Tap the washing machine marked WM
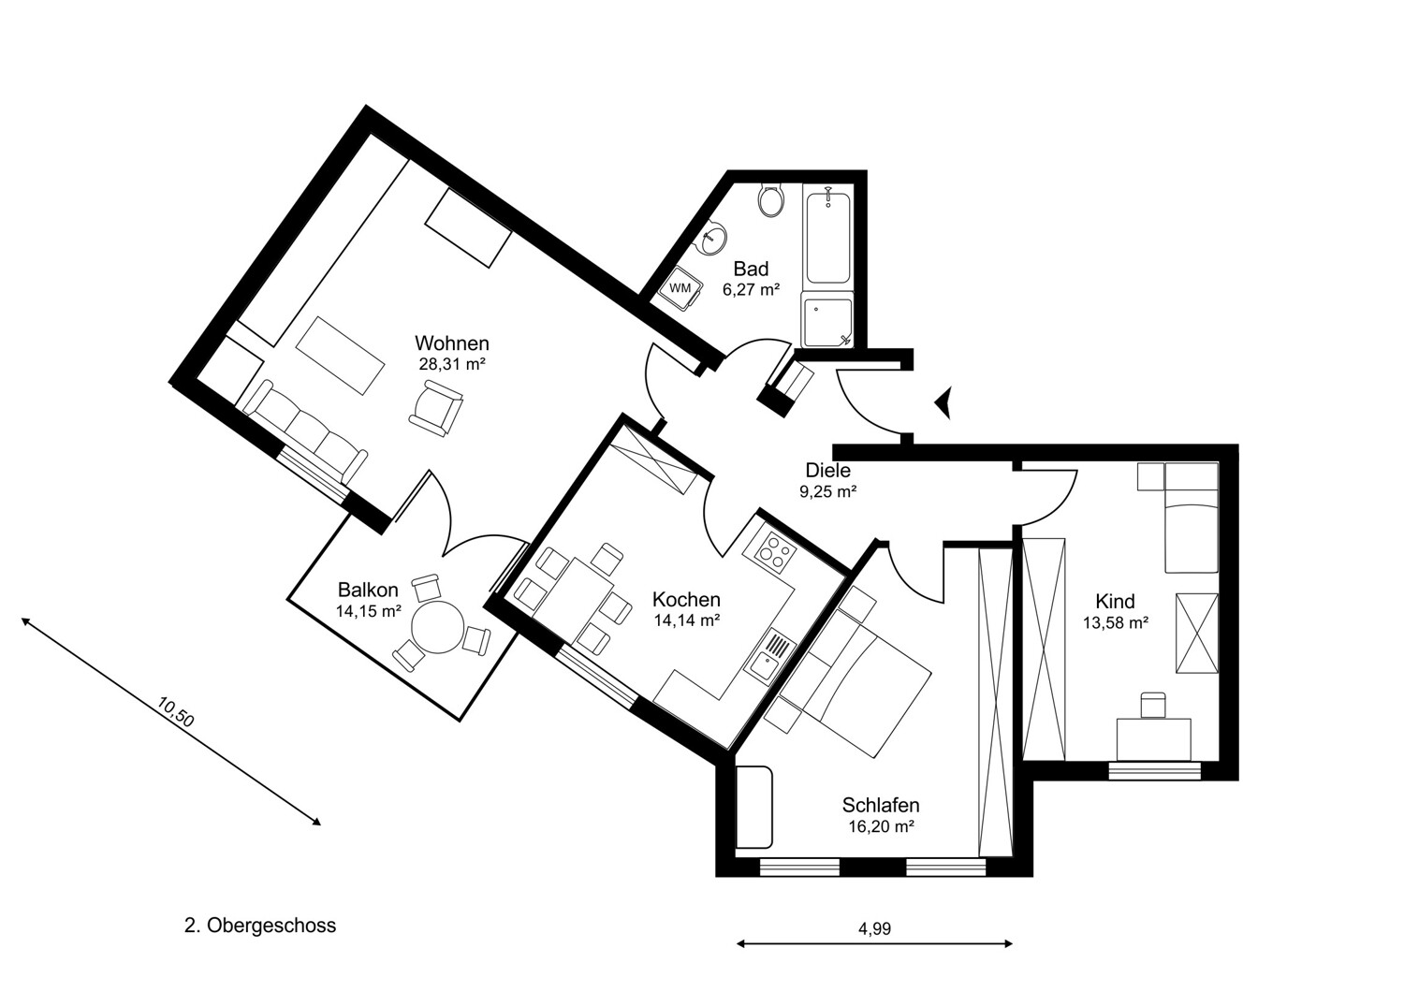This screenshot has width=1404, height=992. [680, 288]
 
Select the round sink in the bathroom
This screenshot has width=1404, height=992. [714, 239]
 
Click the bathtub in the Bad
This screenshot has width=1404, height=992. [827, 236]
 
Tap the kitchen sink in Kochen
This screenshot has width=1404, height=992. [772, 653]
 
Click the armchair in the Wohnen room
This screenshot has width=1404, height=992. [436, 411]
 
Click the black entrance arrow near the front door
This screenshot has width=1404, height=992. [943, 403]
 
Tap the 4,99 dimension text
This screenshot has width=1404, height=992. [874, 929]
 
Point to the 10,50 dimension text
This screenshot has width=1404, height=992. [176, 713]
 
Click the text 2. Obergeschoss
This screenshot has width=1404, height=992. [260, 926]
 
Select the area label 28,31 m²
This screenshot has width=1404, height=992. [452, 364]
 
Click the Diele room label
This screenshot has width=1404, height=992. [827, 471]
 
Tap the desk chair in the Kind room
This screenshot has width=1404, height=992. [1153, 704]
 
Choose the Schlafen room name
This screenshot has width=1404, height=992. [880, 805]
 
